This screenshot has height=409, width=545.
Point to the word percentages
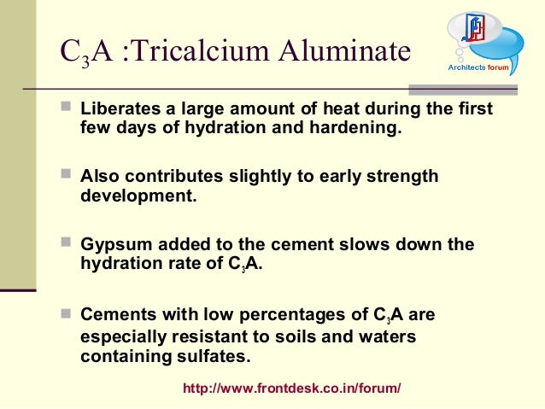296,314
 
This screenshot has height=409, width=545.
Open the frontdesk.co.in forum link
292,389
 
